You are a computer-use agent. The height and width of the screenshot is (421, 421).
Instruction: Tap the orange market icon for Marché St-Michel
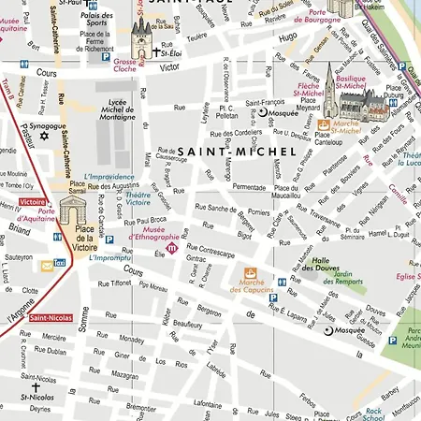coord(324,123)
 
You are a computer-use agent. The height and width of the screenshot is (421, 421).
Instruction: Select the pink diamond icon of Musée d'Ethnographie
coord(170,248)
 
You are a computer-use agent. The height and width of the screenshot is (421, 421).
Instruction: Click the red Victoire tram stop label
coord(32,201)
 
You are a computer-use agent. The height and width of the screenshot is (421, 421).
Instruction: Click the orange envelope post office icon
coord(45,266)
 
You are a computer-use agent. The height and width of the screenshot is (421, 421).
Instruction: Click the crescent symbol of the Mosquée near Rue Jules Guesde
coord(327,330)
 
